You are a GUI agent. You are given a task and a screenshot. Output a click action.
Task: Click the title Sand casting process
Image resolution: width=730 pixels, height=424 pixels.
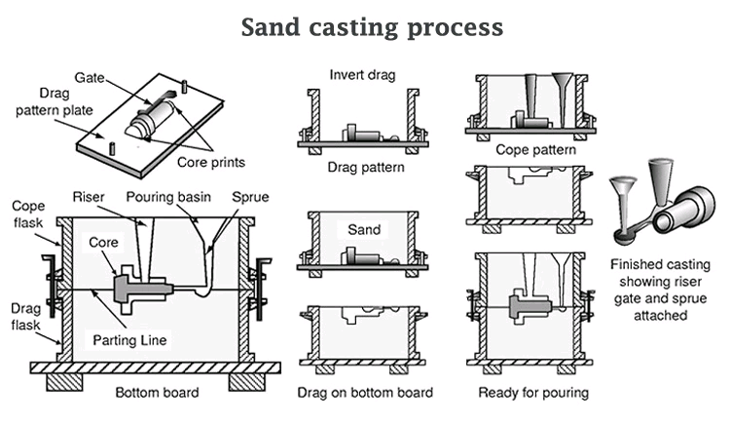point(372,27)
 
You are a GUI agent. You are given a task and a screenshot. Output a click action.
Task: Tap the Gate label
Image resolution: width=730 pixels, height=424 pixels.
point(91,75)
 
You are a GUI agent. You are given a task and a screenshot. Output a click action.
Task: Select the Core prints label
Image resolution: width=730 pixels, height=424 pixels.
point(210,162)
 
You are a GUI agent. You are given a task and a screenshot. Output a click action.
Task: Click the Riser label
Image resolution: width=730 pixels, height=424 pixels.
point(89,196)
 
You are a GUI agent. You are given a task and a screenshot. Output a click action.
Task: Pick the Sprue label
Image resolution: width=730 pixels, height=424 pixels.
point(250,196)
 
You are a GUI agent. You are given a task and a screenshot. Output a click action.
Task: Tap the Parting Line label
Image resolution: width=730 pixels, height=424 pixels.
point(130,340)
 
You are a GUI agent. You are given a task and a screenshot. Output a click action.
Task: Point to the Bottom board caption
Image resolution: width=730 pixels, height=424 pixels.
point(157,393)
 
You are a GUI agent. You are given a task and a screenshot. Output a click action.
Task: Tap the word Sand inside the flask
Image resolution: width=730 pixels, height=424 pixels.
point(364,231)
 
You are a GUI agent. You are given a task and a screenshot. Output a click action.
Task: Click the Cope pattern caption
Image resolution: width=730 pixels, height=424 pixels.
point(535,150)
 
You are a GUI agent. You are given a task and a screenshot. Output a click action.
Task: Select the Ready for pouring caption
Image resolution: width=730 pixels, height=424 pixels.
point(533,393)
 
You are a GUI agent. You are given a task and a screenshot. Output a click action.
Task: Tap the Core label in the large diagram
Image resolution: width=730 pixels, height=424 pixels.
point(104,241)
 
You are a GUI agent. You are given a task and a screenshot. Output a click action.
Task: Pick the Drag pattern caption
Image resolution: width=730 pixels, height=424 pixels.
point(365,167)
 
